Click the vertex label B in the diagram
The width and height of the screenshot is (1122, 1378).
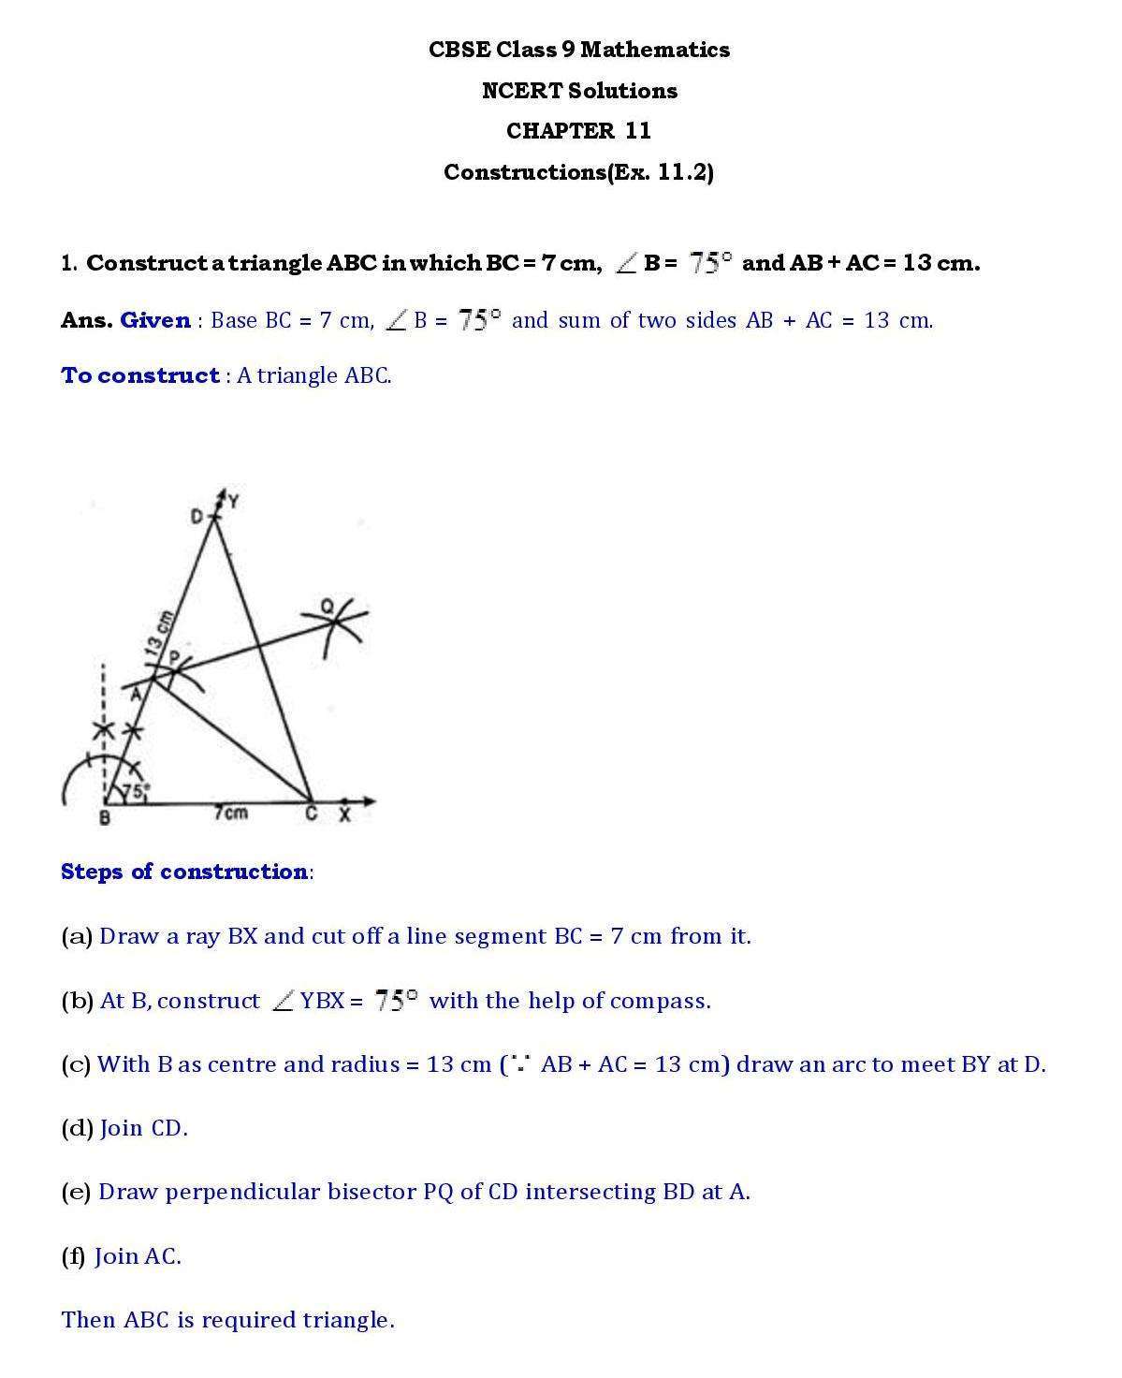click(104, 818)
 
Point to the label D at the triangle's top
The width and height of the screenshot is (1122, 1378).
click(197, 516)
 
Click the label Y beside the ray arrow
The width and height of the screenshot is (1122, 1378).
click(233, 502)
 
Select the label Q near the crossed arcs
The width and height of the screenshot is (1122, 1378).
click(328, 607)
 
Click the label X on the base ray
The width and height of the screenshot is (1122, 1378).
click(344, 815)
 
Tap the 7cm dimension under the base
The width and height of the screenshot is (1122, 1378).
click(230, 813)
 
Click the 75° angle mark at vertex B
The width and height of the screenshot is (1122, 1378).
click(134, 792)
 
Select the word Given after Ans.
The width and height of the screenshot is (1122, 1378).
click(155, 320)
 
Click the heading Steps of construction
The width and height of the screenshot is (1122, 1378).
click(183, 872)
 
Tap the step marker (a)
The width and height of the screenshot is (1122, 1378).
click(76, 936)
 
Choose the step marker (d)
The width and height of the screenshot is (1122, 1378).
click(77, 1128)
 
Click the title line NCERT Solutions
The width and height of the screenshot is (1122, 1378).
click(579, 91)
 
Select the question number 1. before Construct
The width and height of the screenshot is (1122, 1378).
click(69, 263)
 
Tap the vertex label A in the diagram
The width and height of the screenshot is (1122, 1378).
click(135, 694)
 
